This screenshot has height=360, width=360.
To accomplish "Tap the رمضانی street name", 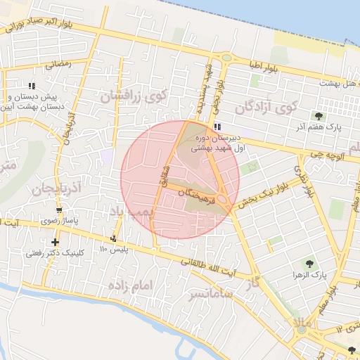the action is click(58, 65).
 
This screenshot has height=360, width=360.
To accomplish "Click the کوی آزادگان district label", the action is click(266, 108).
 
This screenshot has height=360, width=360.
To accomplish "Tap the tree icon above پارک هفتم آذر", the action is click(319, 116).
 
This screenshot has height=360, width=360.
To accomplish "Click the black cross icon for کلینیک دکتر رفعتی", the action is click(55, 242).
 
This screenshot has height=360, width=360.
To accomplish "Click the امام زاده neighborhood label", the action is click(131, 285).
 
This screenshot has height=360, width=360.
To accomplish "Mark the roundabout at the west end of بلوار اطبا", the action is click(227, 58).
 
